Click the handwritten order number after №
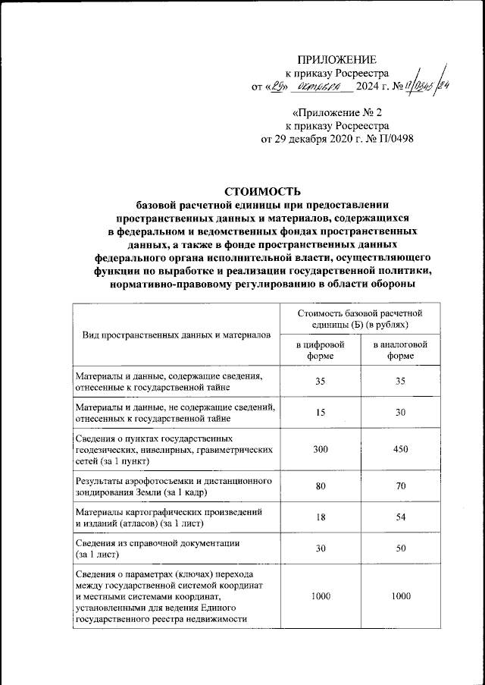tap(421, 86)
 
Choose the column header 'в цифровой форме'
tap(320, 350)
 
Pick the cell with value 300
tap(320, 450)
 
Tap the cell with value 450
tap(400, 450)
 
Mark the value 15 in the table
tap(320, 412)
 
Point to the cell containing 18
tap(320, 517)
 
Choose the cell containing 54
tap(400, 517)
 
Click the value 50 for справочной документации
tap(400, 548)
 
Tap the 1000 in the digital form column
tap(320, 596)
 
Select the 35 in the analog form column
tap(400, 382)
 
